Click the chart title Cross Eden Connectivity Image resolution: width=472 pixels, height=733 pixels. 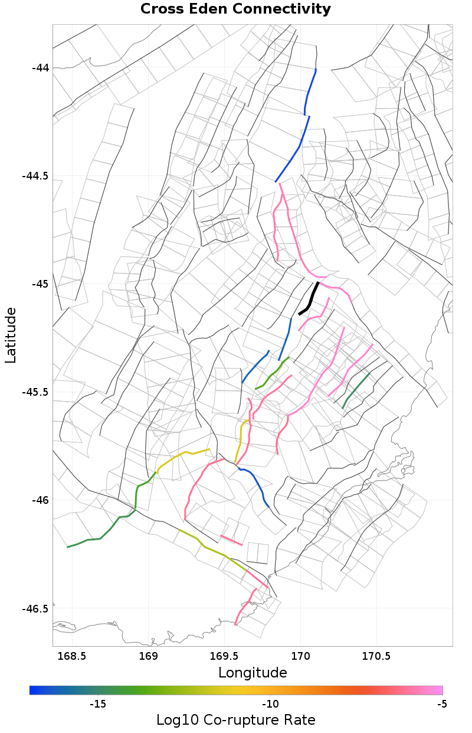(x=235, y=9)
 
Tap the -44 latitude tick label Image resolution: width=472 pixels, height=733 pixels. (x=41, y=67)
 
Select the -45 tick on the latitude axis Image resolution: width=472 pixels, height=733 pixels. (x=41, y=284)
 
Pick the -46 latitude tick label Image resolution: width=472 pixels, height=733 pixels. (x=41, y=500)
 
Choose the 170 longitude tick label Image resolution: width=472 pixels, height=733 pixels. (x=301, y=656)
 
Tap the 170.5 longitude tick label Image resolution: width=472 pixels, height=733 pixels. (x=376, y=656)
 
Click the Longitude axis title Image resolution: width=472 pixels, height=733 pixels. (x=253, y=673)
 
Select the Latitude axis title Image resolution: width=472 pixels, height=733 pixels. (x=11, y=335)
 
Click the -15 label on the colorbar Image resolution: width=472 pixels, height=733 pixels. (x=97, y=704)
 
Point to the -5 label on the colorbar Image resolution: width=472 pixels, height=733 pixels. (x=442, y=704)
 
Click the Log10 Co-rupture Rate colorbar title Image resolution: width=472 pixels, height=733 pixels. (x=235, y=720)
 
